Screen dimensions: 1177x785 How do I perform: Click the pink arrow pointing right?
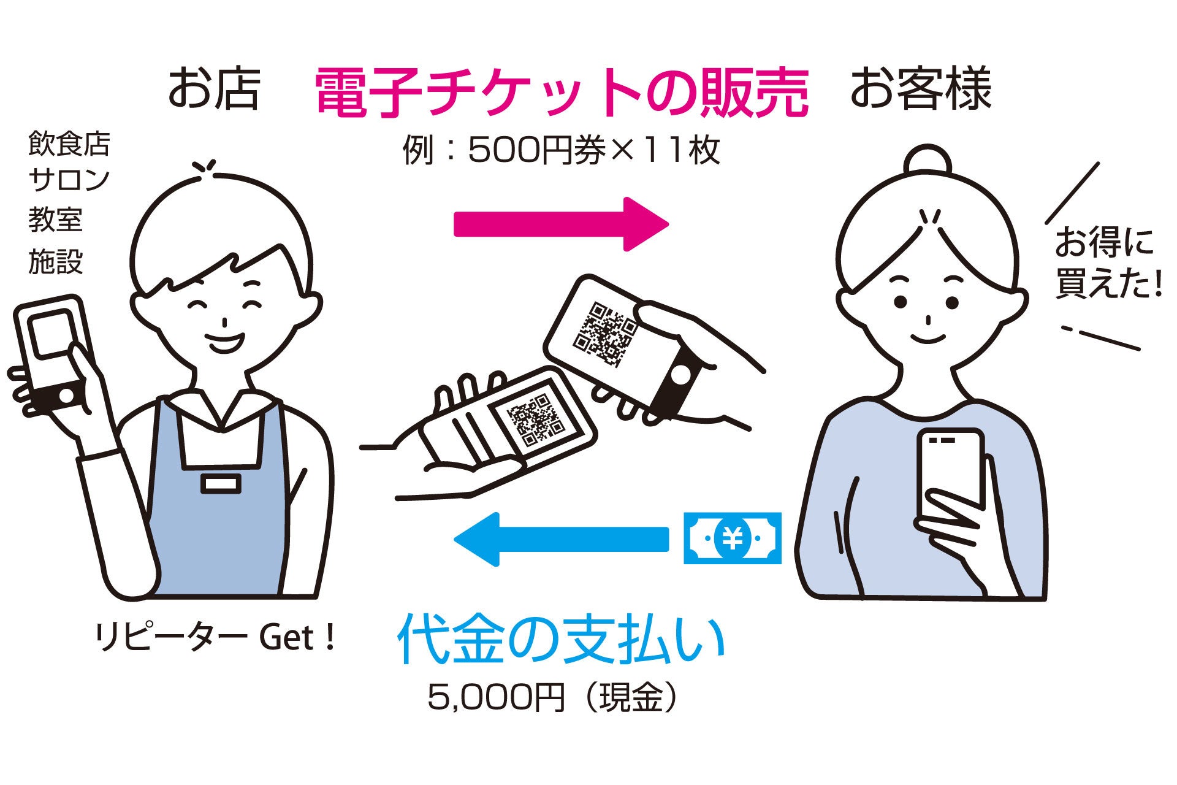(559, 224)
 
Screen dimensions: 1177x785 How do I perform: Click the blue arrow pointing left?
(559, 539)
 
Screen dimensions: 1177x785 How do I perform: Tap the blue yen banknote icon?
(732, 538)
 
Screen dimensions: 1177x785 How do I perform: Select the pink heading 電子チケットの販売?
(562, 93)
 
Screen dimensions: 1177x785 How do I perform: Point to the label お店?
(213, 90)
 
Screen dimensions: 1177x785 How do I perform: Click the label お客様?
(920, 90)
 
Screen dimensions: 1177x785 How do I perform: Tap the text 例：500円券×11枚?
(561, 150)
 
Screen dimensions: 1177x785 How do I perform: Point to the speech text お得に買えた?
(1107, 262)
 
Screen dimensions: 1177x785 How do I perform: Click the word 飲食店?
(69, 145)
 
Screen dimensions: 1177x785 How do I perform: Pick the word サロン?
(69, 180)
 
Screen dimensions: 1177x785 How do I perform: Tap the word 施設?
(55, 262)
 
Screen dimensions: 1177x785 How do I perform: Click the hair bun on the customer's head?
(928, 163)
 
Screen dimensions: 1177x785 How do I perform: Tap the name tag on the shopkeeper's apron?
(221, 484)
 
